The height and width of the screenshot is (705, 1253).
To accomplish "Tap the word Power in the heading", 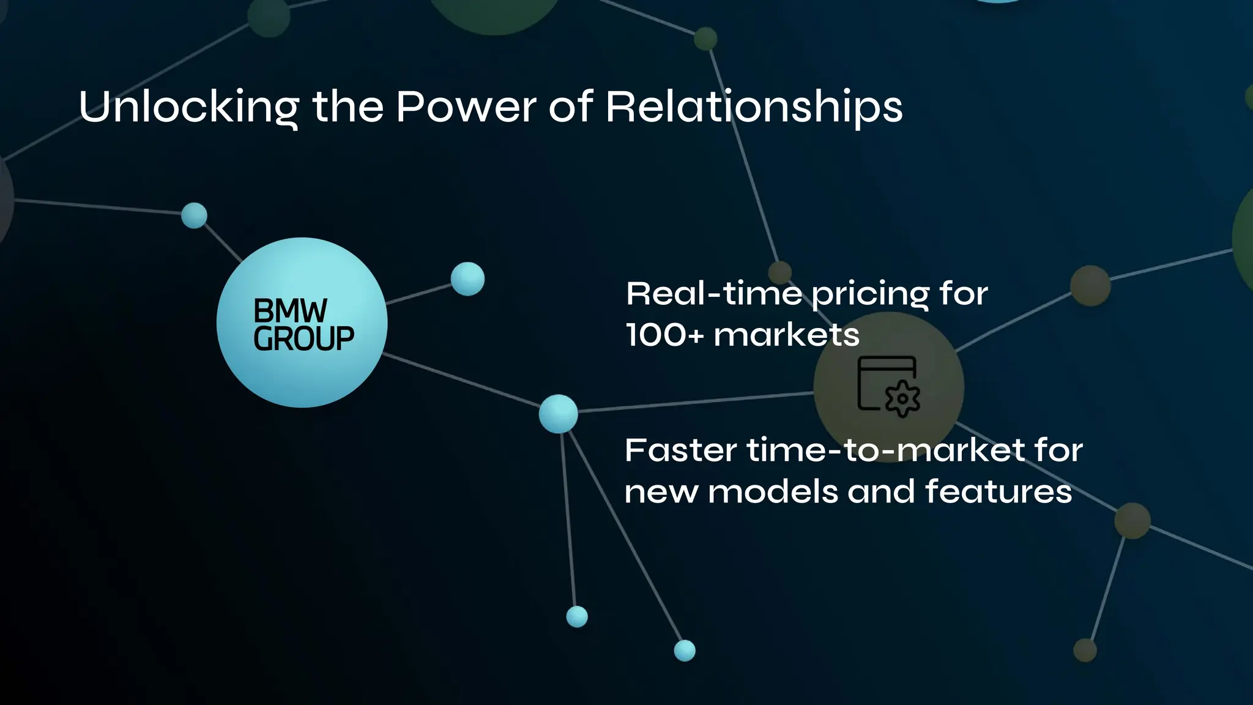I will (x=466, y=108).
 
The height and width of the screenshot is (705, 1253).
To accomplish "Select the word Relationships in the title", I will (x=754, y=108).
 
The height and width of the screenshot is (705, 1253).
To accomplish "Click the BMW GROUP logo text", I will (x=303, y=324).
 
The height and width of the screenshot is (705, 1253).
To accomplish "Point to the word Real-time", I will (x=713, y=294).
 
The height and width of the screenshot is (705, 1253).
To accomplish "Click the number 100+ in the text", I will (x=664, y=335).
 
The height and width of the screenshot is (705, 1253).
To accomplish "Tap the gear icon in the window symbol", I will (x=902, y=399).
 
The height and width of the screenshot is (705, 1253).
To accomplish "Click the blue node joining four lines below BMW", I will (x=558, y=414).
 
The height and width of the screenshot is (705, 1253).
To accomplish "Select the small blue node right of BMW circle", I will (x=467, y=279).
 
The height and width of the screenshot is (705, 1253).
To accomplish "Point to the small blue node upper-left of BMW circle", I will (x=195, y=215).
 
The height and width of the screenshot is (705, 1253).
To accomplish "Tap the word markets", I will (x=786, y=335).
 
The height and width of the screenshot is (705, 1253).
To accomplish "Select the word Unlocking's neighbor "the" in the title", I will (x=348, y=108).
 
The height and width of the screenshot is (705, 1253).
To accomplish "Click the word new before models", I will (x=661, y=492).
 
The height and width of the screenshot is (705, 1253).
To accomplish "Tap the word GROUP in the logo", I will (x=303, y=339).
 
